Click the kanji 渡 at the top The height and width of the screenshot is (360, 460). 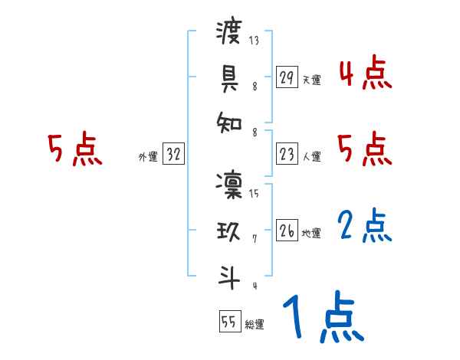tap(229, 31)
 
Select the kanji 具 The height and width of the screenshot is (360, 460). tap(229, 77)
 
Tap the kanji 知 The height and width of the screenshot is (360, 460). tap(229, 122)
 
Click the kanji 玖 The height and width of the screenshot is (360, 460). tap(229, 231)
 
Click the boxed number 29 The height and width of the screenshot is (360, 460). tap(287, 77)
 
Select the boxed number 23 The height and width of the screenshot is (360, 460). tap(287, 155)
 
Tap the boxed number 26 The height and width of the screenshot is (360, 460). tap(287, 231)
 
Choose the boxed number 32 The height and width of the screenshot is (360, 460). tap(174, 155)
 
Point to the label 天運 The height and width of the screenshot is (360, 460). tap(311, 80)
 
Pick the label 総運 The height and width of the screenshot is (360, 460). tap(255, 324)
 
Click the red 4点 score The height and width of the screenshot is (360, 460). tap(365, 74)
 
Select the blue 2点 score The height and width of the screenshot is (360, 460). tap(365, 227)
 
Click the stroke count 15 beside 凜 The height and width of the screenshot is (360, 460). tap(254, 193)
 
